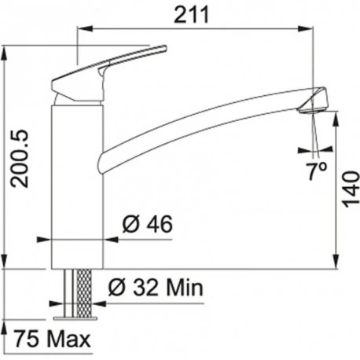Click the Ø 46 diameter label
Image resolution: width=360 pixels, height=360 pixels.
click(x=147, y=226)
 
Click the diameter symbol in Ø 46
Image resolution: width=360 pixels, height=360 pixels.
click(x=130, y=226)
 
